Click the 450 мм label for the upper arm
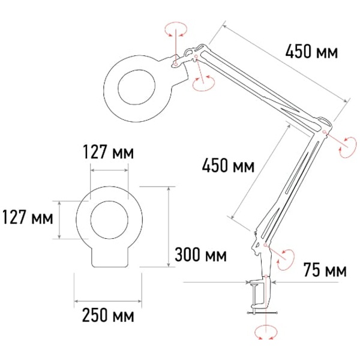pos(311,52)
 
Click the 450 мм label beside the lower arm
pos(228,166)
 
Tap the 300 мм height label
pos(200,255)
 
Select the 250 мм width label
pos(108,315)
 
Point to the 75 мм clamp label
pos(325,269)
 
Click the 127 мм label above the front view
pos(108,152)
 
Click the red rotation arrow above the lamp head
pos(176,29)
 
